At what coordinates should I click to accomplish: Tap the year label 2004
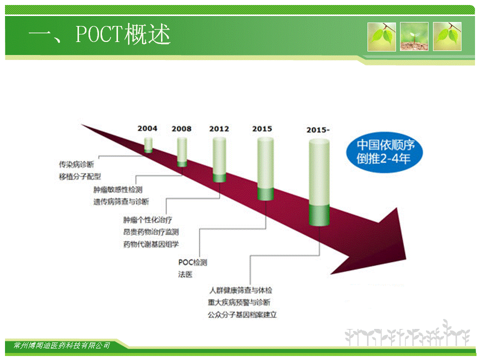(x=147, y=128)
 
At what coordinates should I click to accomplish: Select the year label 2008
(x=181, y=129)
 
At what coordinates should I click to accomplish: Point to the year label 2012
(x=219, y=129)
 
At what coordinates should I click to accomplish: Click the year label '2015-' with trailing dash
(x=318, y=130)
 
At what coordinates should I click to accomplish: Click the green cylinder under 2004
(x=148, y=145)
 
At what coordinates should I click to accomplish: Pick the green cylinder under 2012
(x=219, y=160)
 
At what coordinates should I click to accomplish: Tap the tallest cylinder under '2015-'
(x=319, y=182)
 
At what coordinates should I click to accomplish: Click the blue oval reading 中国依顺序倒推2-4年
(x=384, y=152)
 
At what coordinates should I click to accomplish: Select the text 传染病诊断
(x=76, y=164)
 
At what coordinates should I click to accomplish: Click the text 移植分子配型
(x=80, y=176)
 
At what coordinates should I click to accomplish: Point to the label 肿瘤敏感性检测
(x=118, y=190)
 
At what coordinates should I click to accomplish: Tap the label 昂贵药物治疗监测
(x=151, y=232)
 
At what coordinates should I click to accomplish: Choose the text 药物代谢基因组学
(x=151, y=244)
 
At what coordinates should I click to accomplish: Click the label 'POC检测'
(x=192, y=262)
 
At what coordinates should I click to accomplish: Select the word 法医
(x=185, y=274)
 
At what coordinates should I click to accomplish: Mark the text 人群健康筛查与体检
(x=240, y=290)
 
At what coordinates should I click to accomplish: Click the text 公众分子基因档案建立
(x=242, y=314)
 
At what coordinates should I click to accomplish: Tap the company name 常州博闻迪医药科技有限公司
(x=62, y=345)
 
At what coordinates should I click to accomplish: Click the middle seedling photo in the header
(x=414, y=36)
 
